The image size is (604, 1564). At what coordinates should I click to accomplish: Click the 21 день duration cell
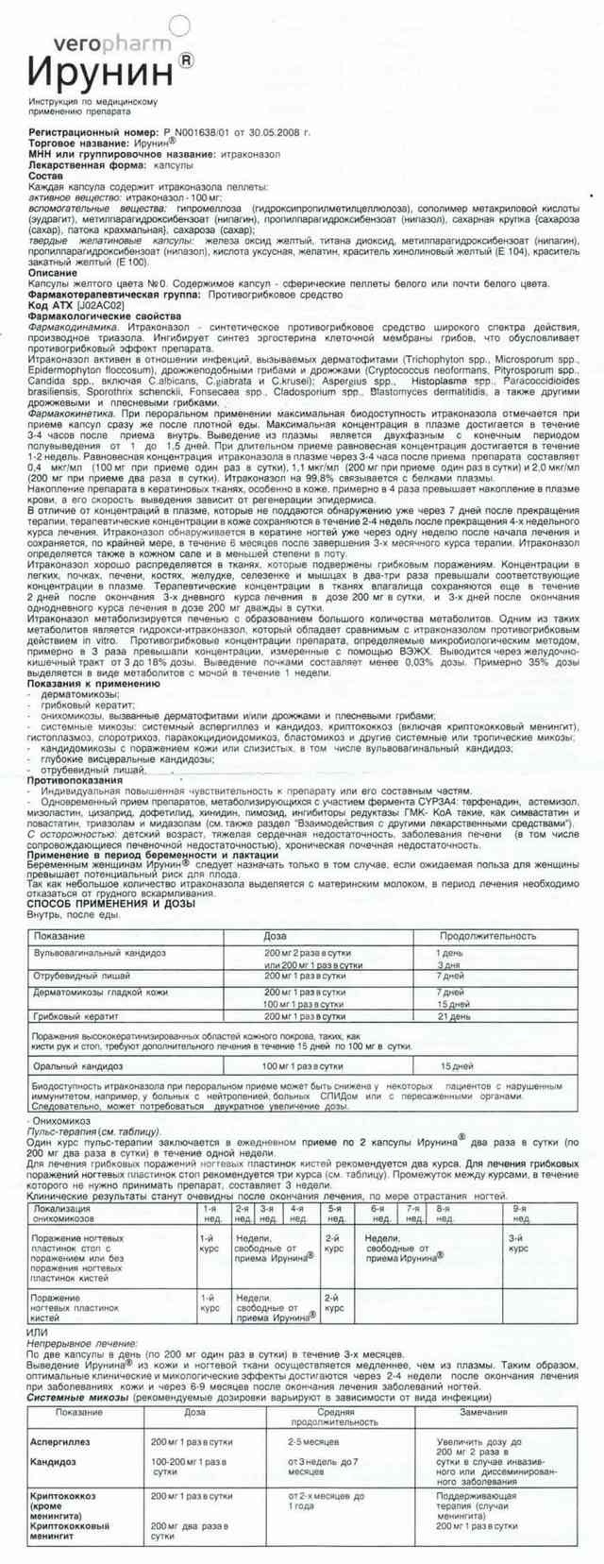coord(453,1016)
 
